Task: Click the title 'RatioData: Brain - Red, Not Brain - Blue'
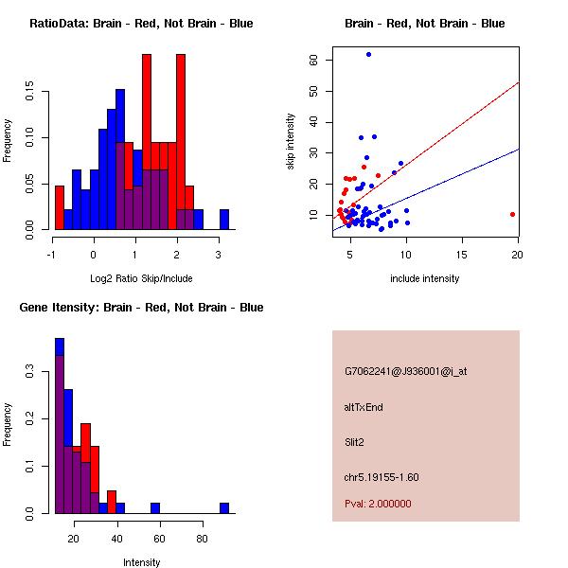click(141, 24)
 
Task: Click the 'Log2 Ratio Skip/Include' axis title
click(141, 278)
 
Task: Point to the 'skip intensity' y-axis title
click(291, 142)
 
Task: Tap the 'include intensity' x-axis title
click(425, 278)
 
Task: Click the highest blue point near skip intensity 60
click(368, 55)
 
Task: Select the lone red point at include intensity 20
click(512, 214)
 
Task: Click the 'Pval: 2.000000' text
click(378, 504)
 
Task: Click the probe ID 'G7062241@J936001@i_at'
click(405, 371)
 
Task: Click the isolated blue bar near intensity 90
click(224, 508)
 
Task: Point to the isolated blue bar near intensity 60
click(155, 508)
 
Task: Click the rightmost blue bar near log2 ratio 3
click(224, 220)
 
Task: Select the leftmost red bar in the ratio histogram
click(60, 207)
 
